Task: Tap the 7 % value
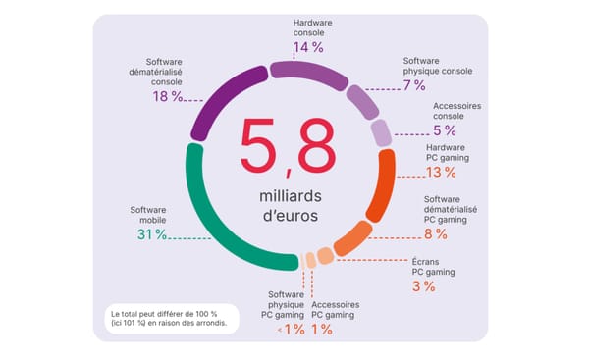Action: coord(413,85)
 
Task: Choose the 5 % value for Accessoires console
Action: coord(444,129)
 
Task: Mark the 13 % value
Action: coord(442,173)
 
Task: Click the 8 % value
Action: coord(434,233)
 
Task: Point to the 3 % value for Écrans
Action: coord(423,286)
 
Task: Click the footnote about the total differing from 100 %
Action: coord(169,318)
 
